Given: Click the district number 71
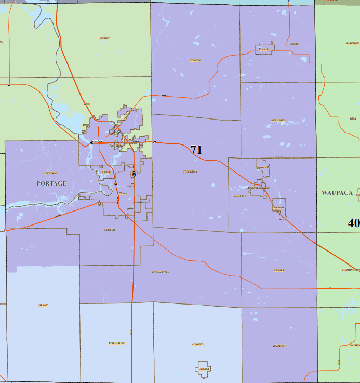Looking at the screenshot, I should coord(196,150).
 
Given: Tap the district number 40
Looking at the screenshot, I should coord(354,223).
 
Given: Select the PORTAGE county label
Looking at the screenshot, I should coord(51,183).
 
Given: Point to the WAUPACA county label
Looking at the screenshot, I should coord(337,192).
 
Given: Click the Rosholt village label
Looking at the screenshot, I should coord(263,49).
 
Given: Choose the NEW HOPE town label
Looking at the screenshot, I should coord(278,120).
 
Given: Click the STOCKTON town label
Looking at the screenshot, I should coord(190,171).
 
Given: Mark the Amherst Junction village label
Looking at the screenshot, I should coord(258,188).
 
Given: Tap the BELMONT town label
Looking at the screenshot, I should coord(279,346).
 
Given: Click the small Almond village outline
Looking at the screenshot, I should coord(204,368).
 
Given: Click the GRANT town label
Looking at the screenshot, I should coord(43,305).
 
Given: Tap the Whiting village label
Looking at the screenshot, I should coord(106,171).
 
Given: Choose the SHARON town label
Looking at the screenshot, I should coord(195,60).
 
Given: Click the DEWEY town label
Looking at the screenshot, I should coord(105,38).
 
